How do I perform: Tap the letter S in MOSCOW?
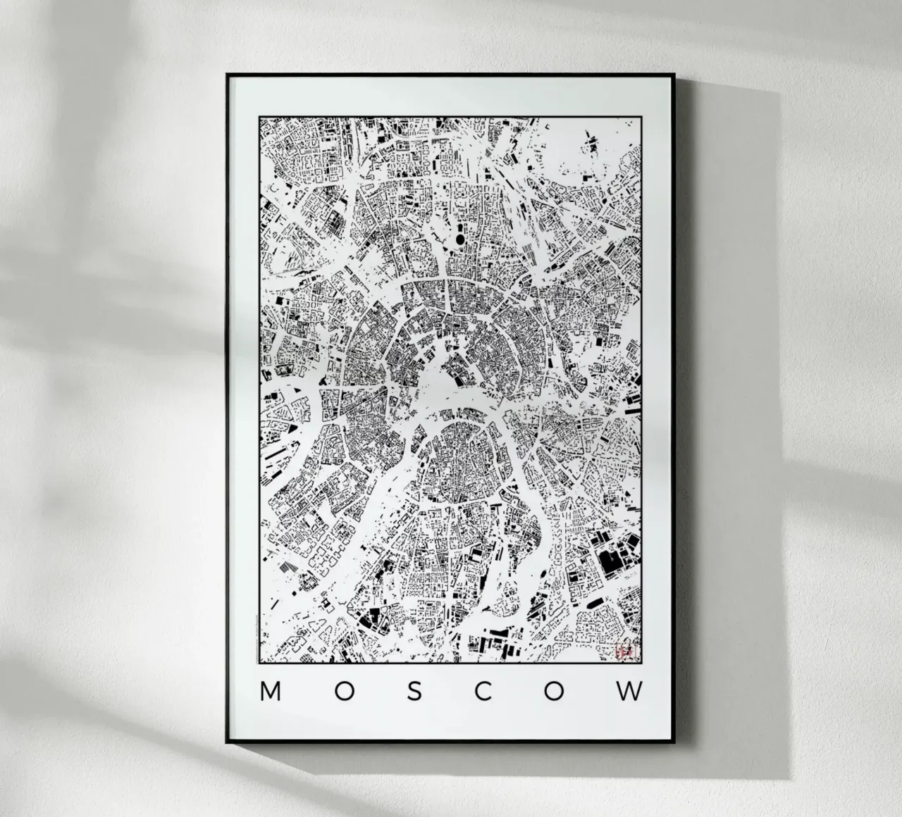pos(414,692)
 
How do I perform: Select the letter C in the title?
pos(483,692)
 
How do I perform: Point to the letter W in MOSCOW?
pos(630,692)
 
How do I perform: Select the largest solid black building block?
pos(610,561)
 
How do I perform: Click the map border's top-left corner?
pos(259,116)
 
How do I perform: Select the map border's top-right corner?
pos(641,116)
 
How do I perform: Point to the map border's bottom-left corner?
pos(259,662)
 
